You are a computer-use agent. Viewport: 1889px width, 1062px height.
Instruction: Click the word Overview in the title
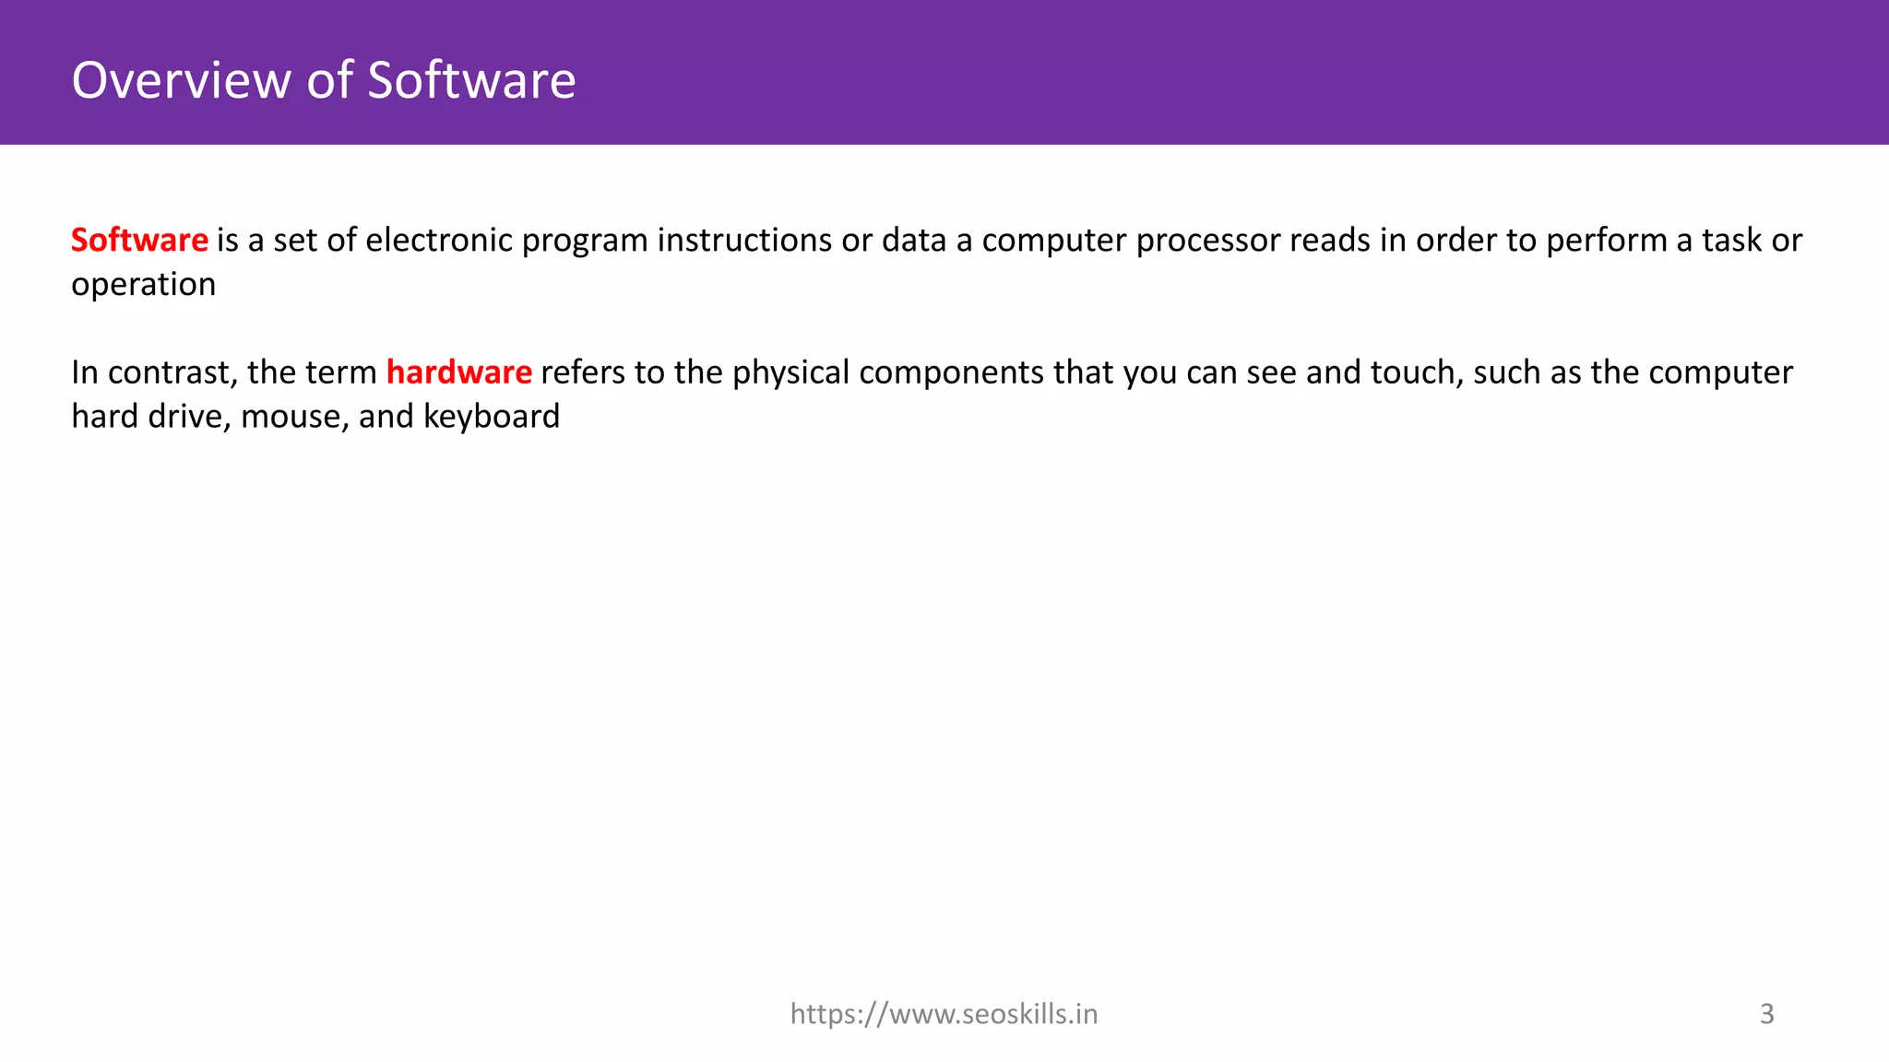click(182, 80)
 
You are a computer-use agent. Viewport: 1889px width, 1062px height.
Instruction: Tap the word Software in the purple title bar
click(471, 80)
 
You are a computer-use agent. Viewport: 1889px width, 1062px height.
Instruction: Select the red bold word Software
click(139, 240)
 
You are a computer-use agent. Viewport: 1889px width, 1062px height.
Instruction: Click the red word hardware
click(458, 372)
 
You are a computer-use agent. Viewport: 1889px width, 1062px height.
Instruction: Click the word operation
click(143, 286)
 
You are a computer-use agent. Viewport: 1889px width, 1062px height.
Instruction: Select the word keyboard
click(492, 417)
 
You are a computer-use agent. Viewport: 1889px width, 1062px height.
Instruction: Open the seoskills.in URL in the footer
click(944, 1014)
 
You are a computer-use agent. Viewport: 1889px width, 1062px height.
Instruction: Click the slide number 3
click(1766, 1014)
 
